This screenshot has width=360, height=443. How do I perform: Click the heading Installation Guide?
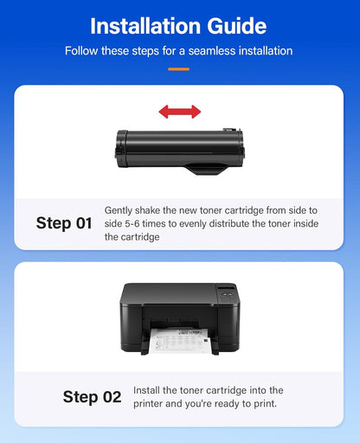coord(179,23)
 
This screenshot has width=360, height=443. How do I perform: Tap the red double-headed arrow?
coord(179,112)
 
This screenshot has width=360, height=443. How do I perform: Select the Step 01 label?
coord(63,223)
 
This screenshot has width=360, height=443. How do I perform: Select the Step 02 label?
coord(92,397)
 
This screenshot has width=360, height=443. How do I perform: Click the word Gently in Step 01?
coord(121,210)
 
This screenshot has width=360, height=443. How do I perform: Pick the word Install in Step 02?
coord(149,391)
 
